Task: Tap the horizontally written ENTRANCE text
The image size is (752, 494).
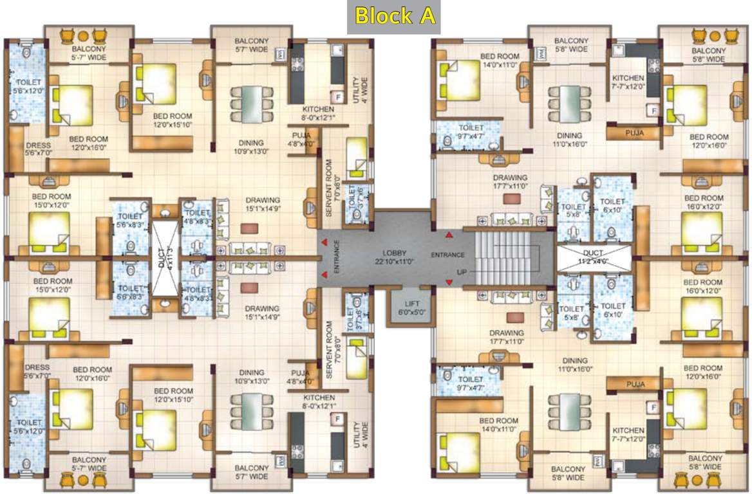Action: [x=448, y=255]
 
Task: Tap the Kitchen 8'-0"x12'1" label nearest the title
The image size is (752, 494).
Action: [x=318, y=114]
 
